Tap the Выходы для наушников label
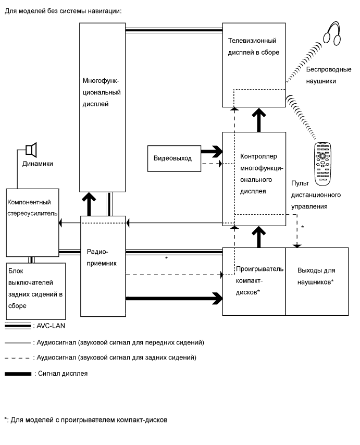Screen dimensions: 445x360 (x=316, y=276)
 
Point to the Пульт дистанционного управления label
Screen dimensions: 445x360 (x=316, y=195)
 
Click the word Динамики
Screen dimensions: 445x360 (x=38, y=164)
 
